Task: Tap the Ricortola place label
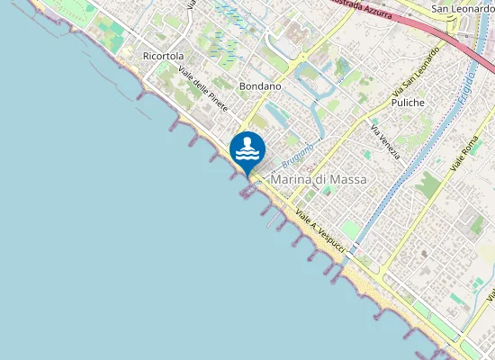[163, 56]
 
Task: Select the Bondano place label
[261, 86]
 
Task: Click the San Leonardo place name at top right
[463, 9]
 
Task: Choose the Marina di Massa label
[319, 180]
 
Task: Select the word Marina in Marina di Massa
[290, 180]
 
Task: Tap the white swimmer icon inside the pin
[247, 148]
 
